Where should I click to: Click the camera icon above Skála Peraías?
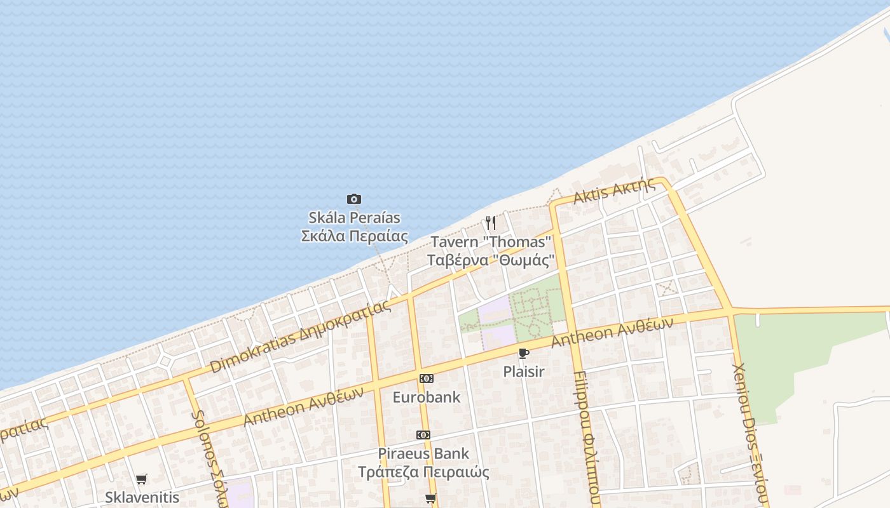pyautogui.click(x=354, y=199)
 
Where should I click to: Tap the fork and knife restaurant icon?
pyautogui.click(x=490, y=223)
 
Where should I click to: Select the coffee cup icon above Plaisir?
pyautogui.click(x=523, y=353)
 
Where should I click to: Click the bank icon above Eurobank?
pyautogui.click(x=426, y=378)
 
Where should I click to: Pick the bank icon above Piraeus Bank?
pyautogui.click(x=423, y=435)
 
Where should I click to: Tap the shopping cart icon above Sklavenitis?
pyautogui.click(x=141, y=479)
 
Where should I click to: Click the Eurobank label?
pyautogui.click(x=426, y=398)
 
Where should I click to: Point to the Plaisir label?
pyautogui.click(x=523, y=371)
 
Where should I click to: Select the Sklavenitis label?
pyautogui.click(x=142, y=497)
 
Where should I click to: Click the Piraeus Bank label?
pyautogui.click(x=423, y=453)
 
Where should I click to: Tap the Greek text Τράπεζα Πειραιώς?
pyautogui.click(x=423, y=472)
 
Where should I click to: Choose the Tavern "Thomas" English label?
pyautogui.click(x=490, y=242)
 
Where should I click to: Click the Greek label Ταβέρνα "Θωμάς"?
pyautogui.click(x=490, y=260)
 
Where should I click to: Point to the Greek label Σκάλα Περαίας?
pyautogui.click(x=354, y=236)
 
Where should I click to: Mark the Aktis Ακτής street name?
pyautogui.click(x=613, y=190)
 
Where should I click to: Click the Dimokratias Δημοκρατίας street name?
pyautogui.click(x=299, y=336)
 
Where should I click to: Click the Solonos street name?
pyautogui.click(x=209, y=457)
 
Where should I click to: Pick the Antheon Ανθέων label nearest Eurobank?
pyautogui.click(x=303, y=406)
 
